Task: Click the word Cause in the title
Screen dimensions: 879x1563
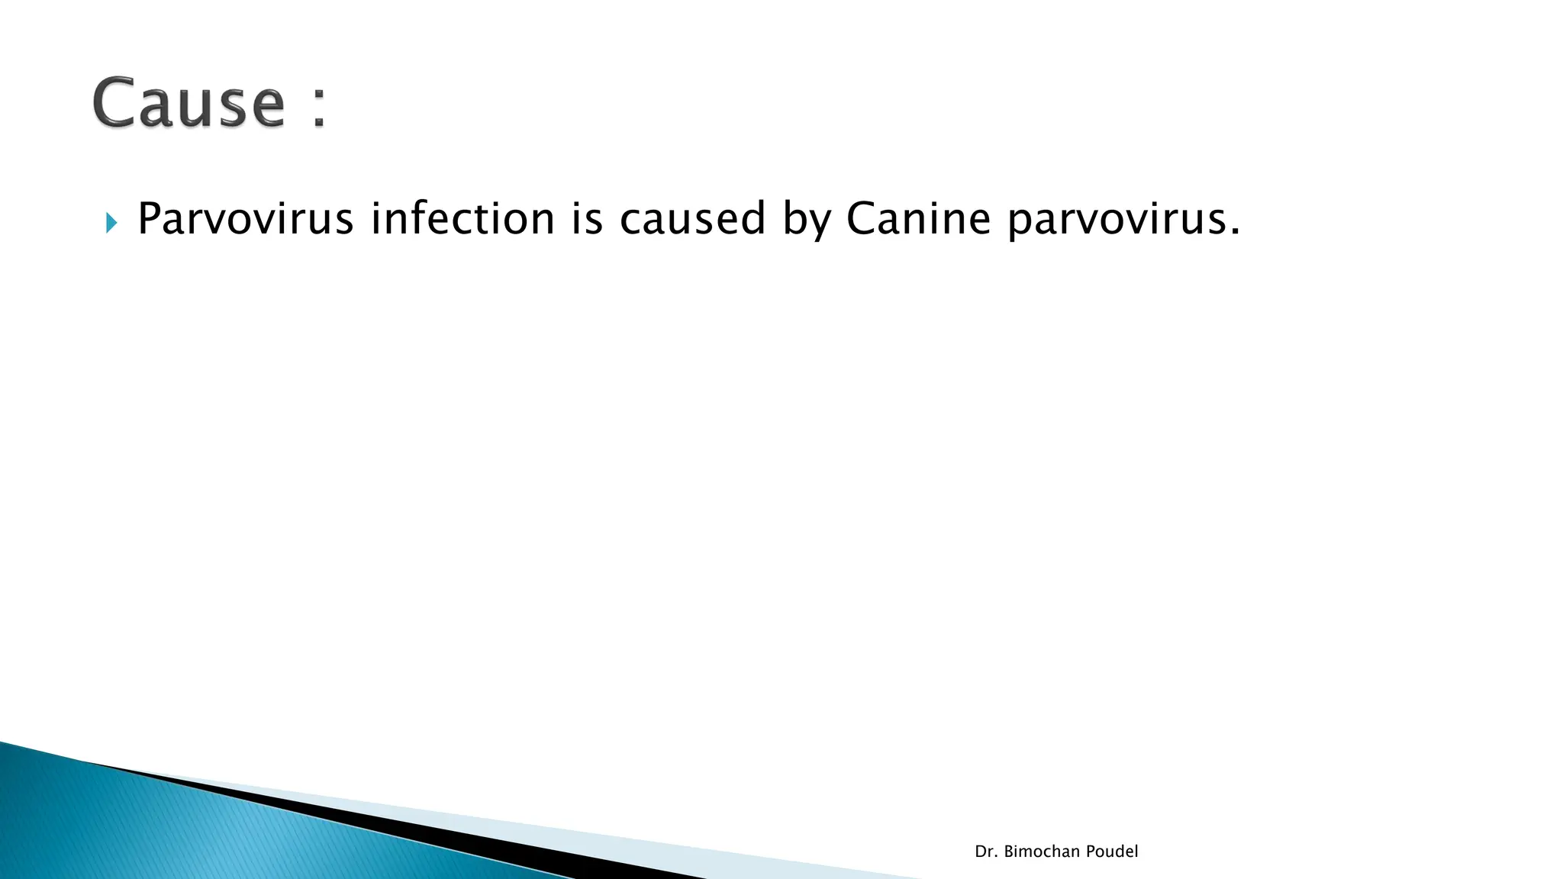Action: [x=189, y=103]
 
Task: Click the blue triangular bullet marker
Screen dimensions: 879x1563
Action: [x=111, y=223]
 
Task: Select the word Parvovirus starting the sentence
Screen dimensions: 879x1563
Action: [x=245, y=219]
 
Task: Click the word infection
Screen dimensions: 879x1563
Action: [x=462, y=218]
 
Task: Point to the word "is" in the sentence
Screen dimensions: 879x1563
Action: [x=587, y=218]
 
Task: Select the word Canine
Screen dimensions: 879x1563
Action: [x=918, y=218]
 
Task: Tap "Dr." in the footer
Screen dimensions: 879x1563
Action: [x=985, y=852]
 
